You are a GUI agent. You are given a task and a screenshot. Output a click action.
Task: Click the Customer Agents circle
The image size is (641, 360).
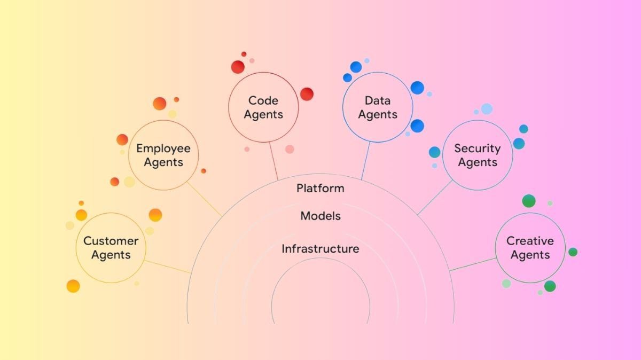coord(111,247)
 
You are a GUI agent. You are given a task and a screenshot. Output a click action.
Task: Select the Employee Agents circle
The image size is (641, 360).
coord(163,155)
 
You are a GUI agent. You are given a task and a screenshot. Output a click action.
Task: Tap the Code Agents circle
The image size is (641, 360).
coord(263,107)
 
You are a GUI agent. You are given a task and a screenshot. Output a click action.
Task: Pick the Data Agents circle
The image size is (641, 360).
coord(378,107)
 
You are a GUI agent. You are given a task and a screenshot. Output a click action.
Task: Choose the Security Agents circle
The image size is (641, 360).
coord(478,155)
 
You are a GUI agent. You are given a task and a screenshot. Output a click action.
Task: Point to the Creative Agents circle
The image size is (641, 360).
coord(530,247)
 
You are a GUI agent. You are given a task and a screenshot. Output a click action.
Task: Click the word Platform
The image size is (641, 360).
coord(320,188)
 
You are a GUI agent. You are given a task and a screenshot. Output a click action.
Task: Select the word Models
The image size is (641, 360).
coord(320,216)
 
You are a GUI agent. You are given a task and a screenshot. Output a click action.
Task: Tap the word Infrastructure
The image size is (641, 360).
coord(320,249)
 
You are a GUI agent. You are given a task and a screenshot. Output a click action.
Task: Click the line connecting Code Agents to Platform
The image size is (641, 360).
coord(273,160)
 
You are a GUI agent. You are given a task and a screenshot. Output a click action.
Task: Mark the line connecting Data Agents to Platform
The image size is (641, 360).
coord(366,160)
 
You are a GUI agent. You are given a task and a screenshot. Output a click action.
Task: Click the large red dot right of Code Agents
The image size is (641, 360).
coord(307,94)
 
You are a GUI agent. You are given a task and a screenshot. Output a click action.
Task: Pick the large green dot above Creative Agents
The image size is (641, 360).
coord(529,201)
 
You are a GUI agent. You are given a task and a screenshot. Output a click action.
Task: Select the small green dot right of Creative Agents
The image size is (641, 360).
coord(573,252)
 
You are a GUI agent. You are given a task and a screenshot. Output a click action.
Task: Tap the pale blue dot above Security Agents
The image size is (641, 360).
coord(487,109)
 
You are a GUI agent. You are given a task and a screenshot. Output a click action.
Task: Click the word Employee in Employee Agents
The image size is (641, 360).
coord(163,148)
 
